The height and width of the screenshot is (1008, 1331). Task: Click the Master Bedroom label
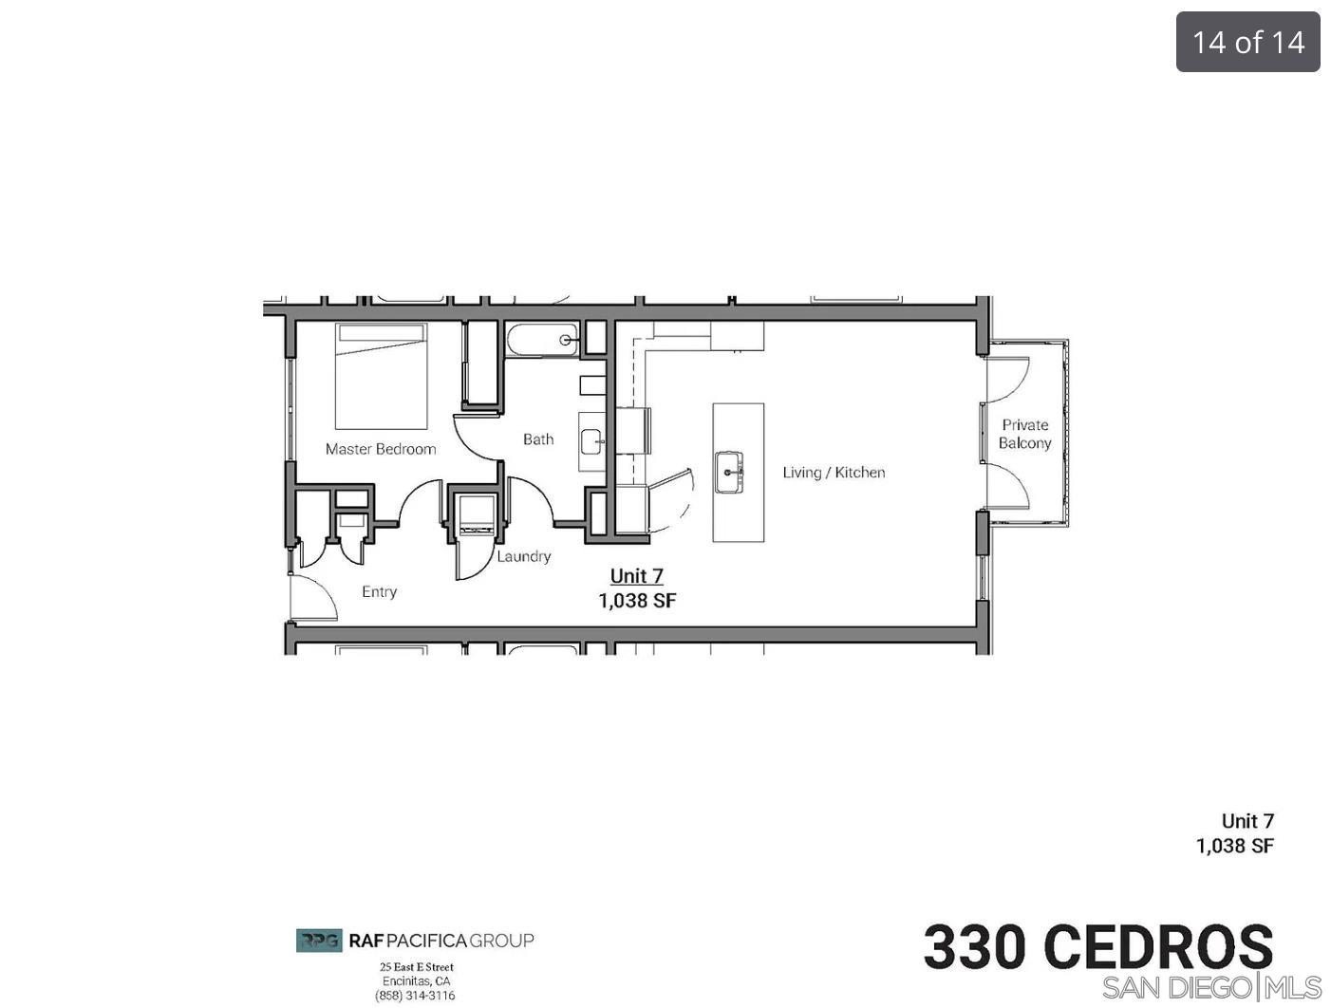381,449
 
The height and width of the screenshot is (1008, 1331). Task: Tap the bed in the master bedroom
381,377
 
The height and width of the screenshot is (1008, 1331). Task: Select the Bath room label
538,439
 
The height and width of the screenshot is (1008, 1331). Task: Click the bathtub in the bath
542,340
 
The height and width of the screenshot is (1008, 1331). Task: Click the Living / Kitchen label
834,473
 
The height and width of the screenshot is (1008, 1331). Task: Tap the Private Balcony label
1024,434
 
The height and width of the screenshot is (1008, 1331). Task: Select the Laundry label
523,556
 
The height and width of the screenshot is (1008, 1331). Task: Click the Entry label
379,591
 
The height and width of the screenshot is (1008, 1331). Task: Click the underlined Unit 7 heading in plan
636,576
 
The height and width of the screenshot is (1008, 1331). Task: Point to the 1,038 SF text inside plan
637,601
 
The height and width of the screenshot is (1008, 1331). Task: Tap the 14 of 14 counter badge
1247,42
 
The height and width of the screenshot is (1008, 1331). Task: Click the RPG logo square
319,941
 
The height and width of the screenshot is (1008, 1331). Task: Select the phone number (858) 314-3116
415,996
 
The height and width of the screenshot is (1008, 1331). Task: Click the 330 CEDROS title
1097,946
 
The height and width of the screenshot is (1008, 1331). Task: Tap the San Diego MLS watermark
1211,987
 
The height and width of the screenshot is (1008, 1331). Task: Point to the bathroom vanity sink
591,441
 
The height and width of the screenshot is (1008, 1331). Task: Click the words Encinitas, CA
416,981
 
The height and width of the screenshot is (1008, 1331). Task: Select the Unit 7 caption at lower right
1247,821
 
